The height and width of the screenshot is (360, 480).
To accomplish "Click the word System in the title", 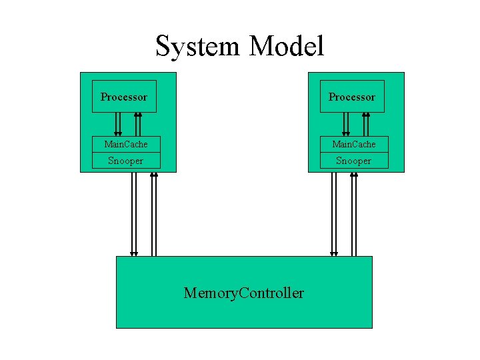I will (198, 47).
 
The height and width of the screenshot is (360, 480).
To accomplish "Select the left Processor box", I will (124, 97).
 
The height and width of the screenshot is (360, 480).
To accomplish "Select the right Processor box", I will (352, 97).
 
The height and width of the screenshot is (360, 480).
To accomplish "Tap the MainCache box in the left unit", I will (126, 144).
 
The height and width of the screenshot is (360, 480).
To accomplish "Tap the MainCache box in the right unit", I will (354, 144).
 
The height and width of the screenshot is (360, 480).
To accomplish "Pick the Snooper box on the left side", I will (126, 161).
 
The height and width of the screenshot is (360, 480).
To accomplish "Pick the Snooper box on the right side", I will (354, 161).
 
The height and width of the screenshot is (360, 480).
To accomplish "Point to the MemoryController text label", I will (244, 293).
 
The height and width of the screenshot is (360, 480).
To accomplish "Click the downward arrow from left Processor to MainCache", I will (117, 124).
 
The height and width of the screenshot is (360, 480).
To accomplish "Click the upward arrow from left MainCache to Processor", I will (138, 124).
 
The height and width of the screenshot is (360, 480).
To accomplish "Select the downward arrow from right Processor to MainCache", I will (346, 124).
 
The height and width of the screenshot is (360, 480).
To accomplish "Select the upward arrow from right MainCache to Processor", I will (366, 124).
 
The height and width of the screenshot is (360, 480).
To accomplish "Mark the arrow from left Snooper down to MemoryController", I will (134, 213).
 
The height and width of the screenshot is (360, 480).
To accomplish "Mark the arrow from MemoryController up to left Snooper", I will (154, 213).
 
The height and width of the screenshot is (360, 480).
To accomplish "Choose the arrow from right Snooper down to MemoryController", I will (334, 213).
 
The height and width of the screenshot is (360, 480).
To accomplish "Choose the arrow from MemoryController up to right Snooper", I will (354, 213).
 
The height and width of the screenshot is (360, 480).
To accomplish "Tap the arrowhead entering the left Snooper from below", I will (154, 175).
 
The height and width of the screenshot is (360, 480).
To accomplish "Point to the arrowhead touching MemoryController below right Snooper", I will (334, 253).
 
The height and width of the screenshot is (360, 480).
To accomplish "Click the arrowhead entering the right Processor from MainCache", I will (366, 115).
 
